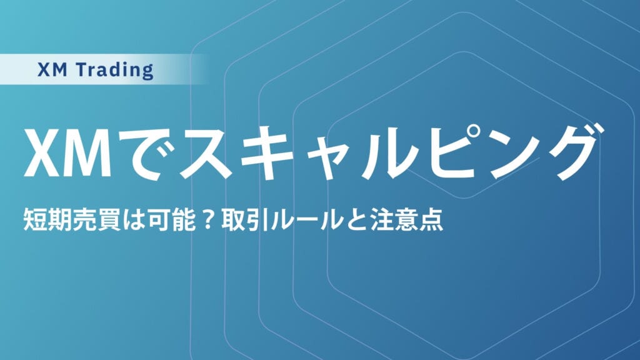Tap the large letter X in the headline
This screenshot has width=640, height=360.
43,152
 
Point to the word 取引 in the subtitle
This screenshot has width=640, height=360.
229,221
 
